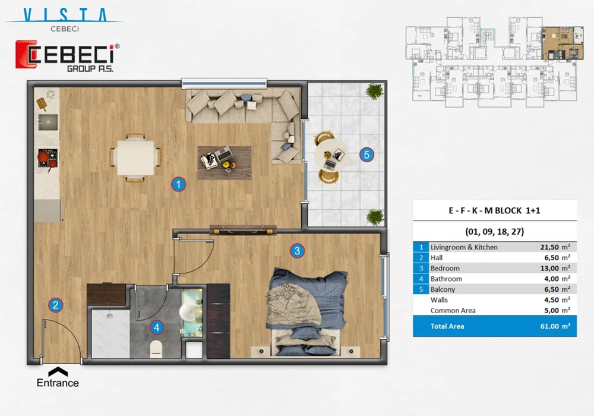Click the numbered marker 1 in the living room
coord(178,184)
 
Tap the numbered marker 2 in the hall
coord(55,305)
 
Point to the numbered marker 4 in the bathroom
coord(156,327)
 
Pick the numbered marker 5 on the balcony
coord(366,155)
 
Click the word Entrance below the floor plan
coord(58,383)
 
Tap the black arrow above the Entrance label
coord(58,371)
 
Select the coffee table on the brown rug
coord(225,159)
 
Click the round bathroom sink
coord(190,311)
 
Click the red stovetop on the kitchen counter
coord(46,159)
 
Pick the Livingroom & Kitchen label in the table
coord(464,247)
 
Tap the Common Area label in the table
coord(453,310)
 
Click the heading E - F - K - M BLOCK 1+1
coord(494,211)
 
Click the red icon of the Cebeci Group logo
coord(27,55)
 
